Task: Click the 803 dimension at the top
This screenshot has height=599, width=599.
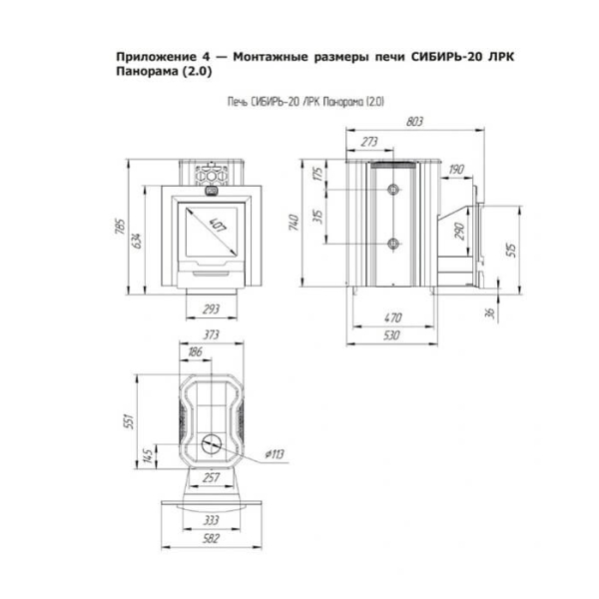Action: click(x=414, y=122)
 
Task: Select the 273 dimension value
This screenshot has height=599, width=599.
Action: click(x=369, y=142)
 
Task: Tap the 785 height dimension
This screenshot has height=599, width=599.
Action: click(x=120, y=227)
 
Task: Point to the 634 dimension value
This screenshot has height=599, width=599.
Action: click(x=137, y=241)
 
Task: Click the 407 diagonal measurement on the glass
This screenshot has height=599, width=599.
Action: click(x=219, y=225)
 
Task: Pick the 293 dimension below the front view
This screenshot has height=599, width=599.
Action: click(x=212, y=308)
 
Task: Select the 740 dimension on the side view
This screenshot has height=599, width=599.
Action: click(x=294, y=223)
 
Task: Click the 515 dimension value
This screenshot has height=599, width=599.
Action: click(x=511, y=250)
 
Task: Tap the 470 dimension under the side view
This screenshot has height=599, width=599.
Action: click(x=393, y=317)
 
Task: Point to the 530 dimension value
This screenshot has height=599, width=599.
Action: click(x=392, y=335)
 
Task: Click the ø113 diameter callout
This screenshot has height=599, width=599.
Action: click(x=275, y=454)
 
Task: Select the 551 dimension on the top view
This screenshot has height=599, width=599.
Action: click(x=130, y=421)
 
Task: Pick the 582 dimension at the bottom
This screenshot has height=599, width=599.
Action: click(x=212, y=538)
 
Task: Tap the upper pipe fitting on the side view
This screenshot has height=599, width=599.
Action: click(x=393, y=189)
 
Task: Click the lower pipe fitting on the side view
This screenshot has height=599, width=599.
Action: click(x=393, y=243)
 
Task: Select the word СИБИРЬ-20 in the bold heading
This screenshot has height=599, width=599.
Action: click(x=439, y=57)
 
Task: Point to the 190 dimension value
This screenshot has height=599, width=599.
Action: click(x=456, y=170)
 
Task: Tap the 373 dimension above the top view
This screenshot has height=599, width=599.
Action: click(x=212, y=334)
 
